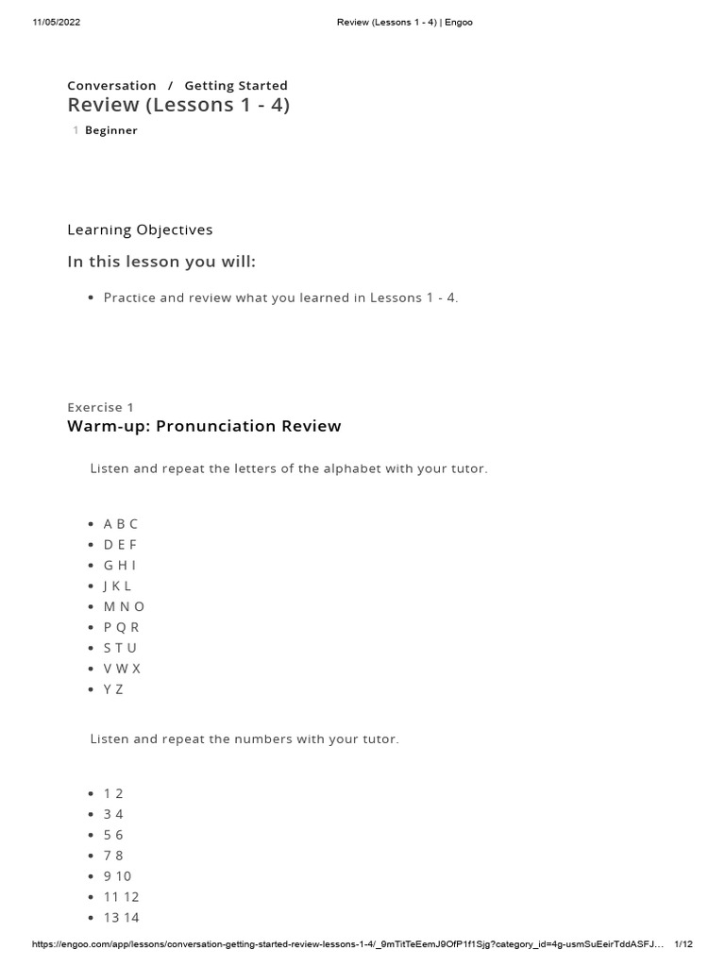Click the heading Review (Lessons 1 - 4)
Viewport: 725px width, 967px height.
click(178, 105)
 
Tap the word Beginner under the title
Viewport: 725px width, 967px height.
click(111, 130)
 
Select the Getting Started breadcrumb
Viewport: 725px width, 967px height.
click(236, 85)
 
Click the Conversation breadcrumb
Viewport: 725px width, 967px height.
click(111, 85)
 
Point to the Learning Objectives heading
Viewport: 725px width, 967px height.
click(140, 229)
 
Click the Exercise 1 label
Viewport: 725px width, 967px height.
click(100, 407)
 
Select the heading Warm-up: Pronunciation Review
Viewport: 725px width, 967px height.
click(204, 426)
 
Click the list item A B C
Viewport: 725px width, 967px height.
click(121, 523)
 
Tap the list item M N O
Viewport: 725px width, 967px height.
click(124, 606)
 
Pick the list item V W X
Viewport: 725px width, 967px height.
click(122, 669)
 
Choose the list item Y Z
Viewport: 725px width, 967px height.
click(113, 689)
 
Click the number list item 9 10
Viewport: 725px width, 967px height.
click(117, 876)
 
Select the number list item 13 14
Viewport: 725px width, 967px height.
click(121, 918)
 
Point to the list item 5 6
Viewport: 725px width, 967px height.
click(113, 835)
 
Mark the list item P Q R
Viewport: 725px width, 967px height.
click(121, 627)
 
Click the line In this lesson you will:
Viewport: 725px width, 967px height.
click(161, 262)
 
